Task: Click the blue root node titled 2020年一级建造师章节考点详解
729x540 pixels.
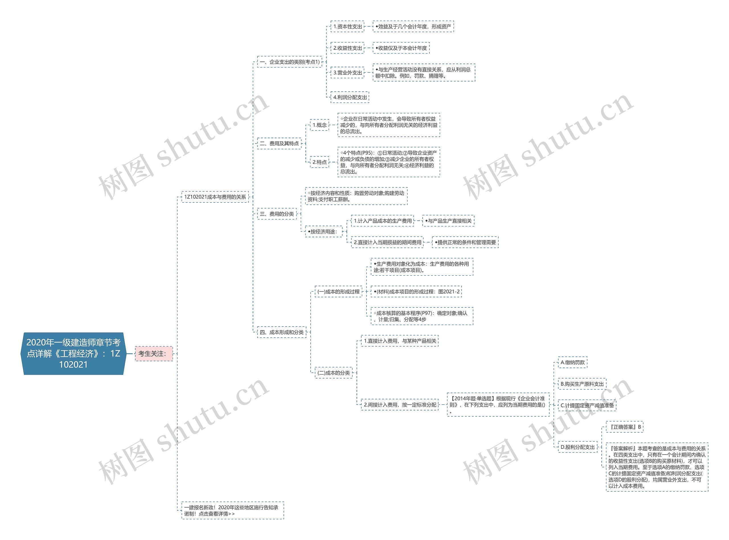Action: click(x=73, y=353)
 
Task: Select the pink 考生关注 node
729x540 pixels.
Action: click(x=153, y=353)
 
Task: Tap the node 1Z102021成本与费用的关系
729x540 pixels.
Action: click(x=215, y=197)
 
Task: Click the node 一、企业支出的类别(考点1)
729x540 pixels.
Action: click(x=289, y=62)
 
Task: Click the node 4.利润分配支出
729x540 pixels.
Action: click(x=350, y=97)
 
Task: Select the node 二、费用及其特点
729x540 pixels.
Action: click(x=279, y=144)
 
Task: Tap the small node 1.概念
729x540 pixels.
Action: click(x=319, y=125)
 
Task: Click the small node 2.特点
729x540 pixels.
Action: click(x=319, y=162)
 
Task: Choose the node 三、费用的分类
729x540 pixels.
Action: click(x=277, y=214)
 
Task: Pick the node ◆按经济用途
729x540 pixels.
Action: click(x=323, y=232)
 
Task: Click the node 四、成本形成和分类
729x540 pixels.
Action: click(x=281, y=332)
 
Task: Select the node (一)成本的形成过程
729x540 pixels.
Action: click(x=338, y=292)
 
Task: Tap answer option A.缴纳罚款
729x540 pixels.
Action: click(x=572, y=362)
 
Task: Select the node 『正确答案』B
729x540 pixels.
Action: click(x=624, y=427)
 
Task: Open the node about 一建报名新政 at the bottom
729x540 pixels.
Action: click(x=232, y=510)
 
